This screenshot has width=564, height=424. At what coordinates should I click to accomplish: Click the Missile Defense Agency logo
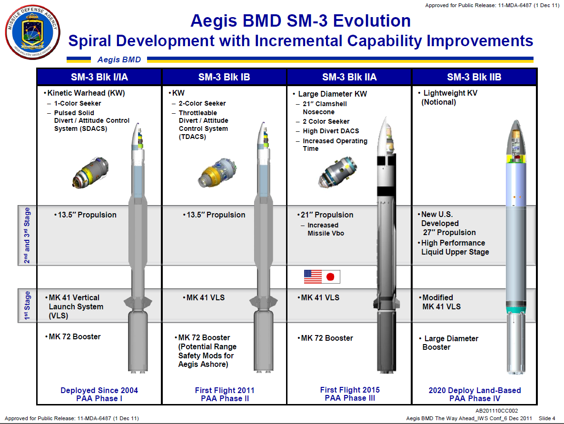pos(32,33)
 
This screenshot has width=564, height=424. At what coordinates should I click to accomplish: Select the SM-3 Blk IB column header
pos(224,77)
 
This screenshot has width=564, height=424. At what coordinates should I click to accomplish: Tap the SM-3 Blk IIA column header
pos(349,77)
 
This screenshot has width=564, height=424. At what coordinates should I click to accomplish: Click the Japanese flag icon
pos(331,276)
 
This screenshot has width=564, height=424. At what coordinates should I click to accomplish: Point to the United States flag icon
pos(313,276)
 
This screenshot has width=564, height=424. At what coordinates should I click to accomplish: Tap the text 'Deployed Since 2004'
pos(99,390)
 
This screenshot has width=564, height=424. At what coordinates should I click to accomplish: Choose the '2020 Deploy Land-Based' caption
pos(475,390)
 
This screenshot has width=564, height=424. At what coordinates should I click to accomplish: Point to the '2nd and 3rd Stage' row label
pos(27,236)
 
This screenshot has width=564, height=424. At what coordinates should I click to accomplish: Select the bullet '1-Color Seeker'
pos(77,103)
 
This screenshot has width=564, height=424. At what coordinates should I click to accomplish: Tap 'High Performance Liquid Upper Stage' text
pos(455,247)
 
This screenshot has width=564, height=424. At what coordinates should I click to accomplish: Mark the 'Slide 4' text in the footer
pos(546,418)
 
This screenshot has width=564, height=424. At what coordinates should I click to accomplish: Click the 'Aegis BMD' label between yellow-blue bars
pos(119,59)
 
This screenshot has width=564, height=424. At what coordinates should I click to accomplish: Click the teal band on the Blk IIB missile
pos(516,310)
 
